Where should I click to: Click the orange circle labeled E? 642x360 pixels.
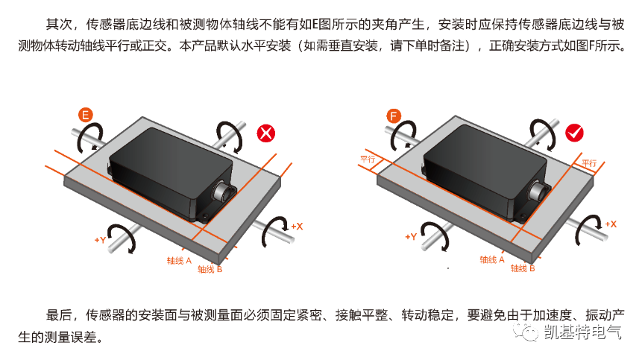[x=86, y=115]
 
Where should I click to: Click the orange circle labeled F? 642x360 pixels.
[x=394, y=116]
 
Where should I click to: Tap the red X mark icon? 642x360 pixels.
[x=266, y=133]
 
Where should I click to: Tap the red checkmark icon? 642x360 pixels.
[x=574, y=133]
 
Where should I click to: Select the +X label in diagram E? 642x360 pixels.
[x=297, y=227]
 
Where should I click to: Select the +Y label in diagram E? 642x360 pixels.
[x=101, y=240]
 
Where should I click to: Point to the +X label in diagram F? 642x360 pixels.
[x=611, y=224]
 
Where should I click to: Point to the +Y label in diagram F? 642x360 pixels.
[x=411, y=237]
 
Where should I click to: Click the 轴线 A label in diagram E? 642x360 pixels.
[x=179, y=261]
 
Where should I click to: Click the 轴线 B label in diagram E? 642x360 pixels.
[x=210, y=269]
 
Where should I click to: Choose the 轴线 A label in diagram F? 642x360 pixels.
[x=492, y=260]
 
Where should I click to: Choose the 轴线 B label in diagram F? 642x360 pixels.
[x=523, y=268]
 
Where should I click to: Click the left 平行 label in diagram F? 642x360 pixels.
[x=368, y=160]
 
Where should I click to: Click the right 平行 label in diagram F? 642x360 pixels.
[x=589, y=163]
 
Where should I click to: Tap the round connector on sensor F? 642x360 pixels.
[x=537, y=191]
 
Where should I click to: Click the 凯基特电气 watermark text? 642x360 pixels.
[x=582, y=332]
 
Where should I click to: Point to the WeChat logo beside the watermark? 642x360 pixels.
[x=526, y=332]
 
